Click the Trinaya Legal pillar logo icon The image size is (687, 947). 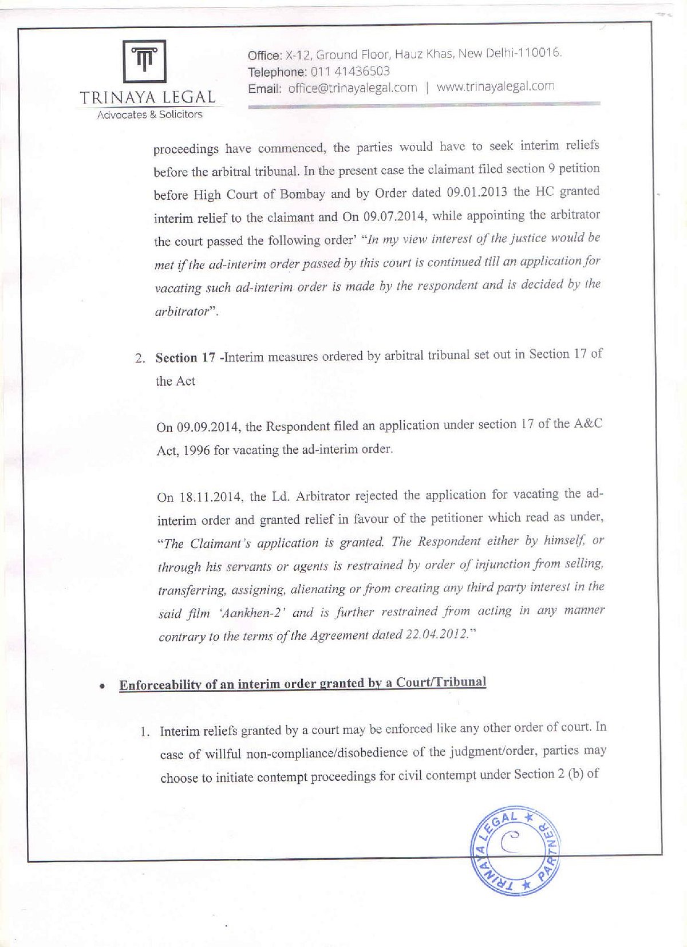145,61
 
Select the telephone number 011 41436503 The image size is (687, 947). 350,72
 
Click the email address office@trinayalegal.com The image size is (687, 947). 352,88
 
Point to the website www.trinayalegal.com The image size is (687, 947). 495,86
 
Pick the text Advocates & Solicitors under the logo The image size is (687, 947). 149,115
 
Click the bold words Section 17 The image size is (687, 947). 185,358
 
